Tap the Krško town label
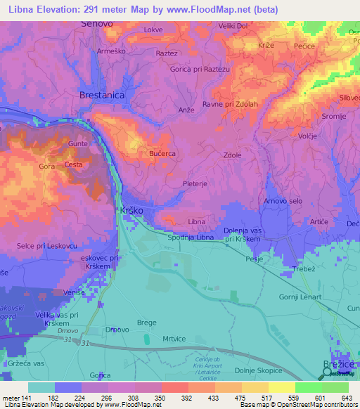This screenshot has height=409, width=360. click(x=130, y=211)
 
